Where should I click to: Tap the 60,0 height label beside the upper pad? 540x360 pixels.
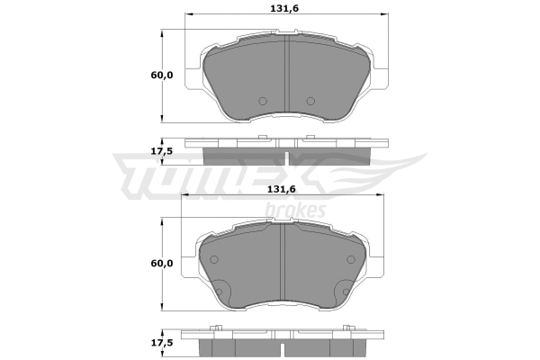tap(163, 76)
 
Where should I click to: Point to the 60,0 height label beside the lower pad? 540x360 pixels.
tap(163, 264)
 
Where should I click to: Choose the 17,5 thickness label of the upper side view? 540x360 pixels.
tap(163, 151)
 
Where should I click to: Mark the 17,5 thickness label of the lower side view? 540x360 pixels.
tap(163, 343)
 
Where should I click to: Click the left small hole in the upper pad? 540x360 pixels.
tap(262, 100)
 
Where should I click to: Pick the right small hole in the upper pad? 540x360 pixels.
tap(310, 100)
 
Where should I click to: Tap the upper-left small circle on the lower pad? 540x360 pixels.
tap(214, 259)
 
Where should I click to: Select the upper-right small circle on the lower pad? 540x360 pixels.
tap(349, 259)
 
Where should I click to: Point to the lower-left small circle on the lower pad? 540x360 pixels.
tap(220, 291)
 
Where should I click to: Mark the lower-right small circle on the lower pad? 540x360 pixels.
tap(344, 291)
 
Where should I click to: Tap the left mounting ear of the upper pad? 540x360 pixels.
tap(193, 76)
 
